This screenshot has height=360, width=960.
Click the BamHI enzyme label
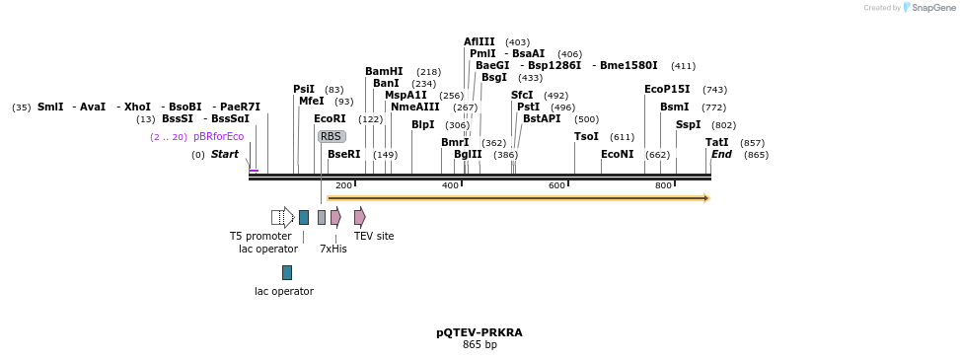coord(384,72)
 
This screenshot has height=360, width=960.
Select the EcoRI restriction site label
coord(330,119)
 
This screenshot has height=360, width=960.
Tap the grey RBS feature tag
coord(332,136)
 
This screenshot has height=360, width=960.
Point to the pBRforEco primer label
coord(218,137)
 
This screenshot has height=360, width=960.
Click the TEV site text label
coord(373,236)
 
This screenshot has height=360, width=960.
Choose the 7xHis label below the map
coord(333,249)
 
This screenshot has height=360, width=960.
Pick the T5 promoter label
coord(260,236)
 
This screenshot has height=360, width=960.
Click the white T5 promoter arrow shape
coord(282,217)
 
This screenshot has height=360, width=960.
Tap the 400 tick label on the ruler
coord(450,185)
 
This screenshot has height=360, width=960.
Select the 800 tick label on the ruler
coord(663,185)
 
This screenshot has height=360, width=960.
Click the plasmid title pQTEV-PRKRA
coord(480,332)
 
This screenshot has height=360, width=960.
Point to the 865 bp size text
coord(480,344)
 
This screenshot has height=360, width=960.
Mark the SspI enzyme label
coord(688,125)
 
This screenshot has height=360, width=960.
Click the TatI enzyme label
coord(716,143)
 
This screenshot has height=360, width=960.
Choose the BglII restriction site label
coord(468,155)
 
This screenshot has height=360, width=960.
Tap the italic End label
coord(721,155)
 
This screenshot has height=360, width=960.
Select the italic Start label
coord(225,155)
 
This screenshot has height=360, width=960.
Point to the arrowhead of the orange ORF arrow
coord(706,198)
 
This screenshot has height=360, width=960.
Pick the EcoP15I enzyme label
coord(667,90)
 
